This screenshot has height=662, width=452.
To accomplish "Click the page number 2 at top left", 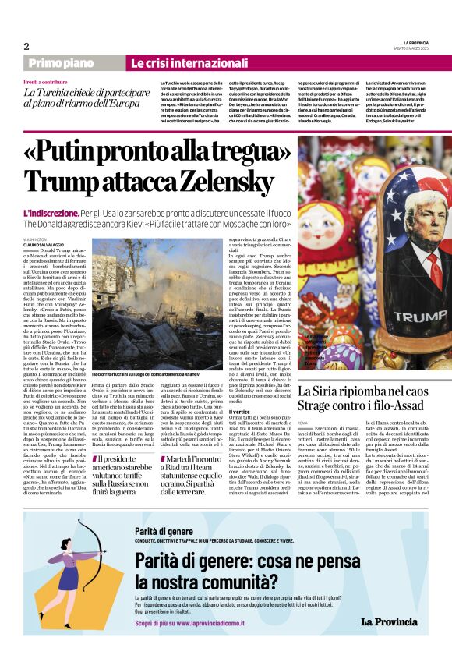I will pos(26,46).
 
